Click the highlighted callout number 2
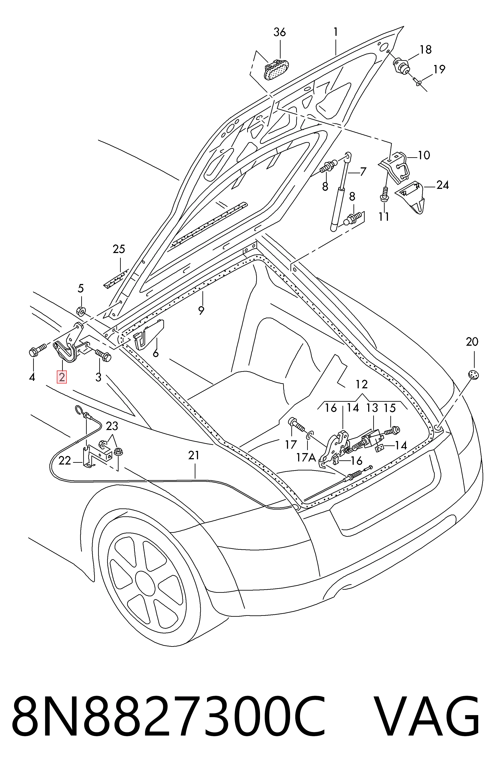[61, 377]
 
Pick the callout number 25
[119, 249]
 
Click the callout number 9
[201, 310]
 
